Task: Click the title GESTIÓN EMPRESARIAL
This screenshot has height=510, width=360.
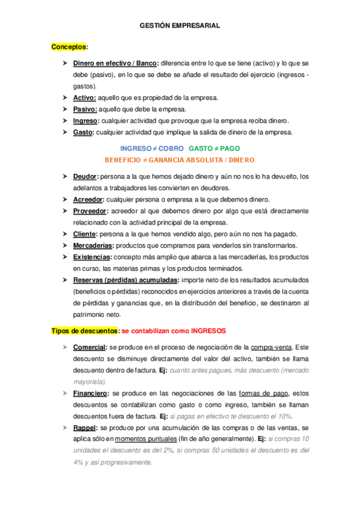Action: coord(180,26)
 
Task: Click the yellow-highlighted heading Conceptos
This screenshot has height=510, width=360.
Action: coord(70,47)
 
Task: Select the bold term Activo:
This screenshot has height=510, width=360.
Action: coord(85,97)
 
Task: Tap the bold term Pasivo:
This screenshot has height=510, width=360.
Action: coord(85,109)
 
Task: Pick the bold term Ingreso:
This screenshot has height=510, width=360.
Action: coord(87,120)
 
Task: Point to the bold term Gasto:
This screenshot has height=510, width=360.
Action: coord(84,132)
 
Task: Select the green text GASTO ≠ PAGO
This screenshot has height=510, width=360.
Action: coord(214,148)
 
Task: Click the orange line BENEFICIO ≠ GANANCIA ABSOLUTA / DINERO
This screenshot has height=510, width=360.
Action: coord(180,160)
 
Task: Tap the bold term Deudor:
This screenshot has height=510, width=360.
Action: coord(87,176)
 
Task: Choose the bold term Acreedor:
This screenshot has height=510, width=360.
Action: coord(89,199)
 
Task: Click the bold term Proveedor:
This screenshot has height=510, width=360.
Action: coord(91,211)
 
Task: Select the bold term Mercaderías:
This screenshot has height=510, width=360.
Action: coord(94,245)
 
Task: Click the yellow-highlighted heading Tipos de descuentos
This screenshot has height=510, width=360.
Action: coord(84,331)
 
